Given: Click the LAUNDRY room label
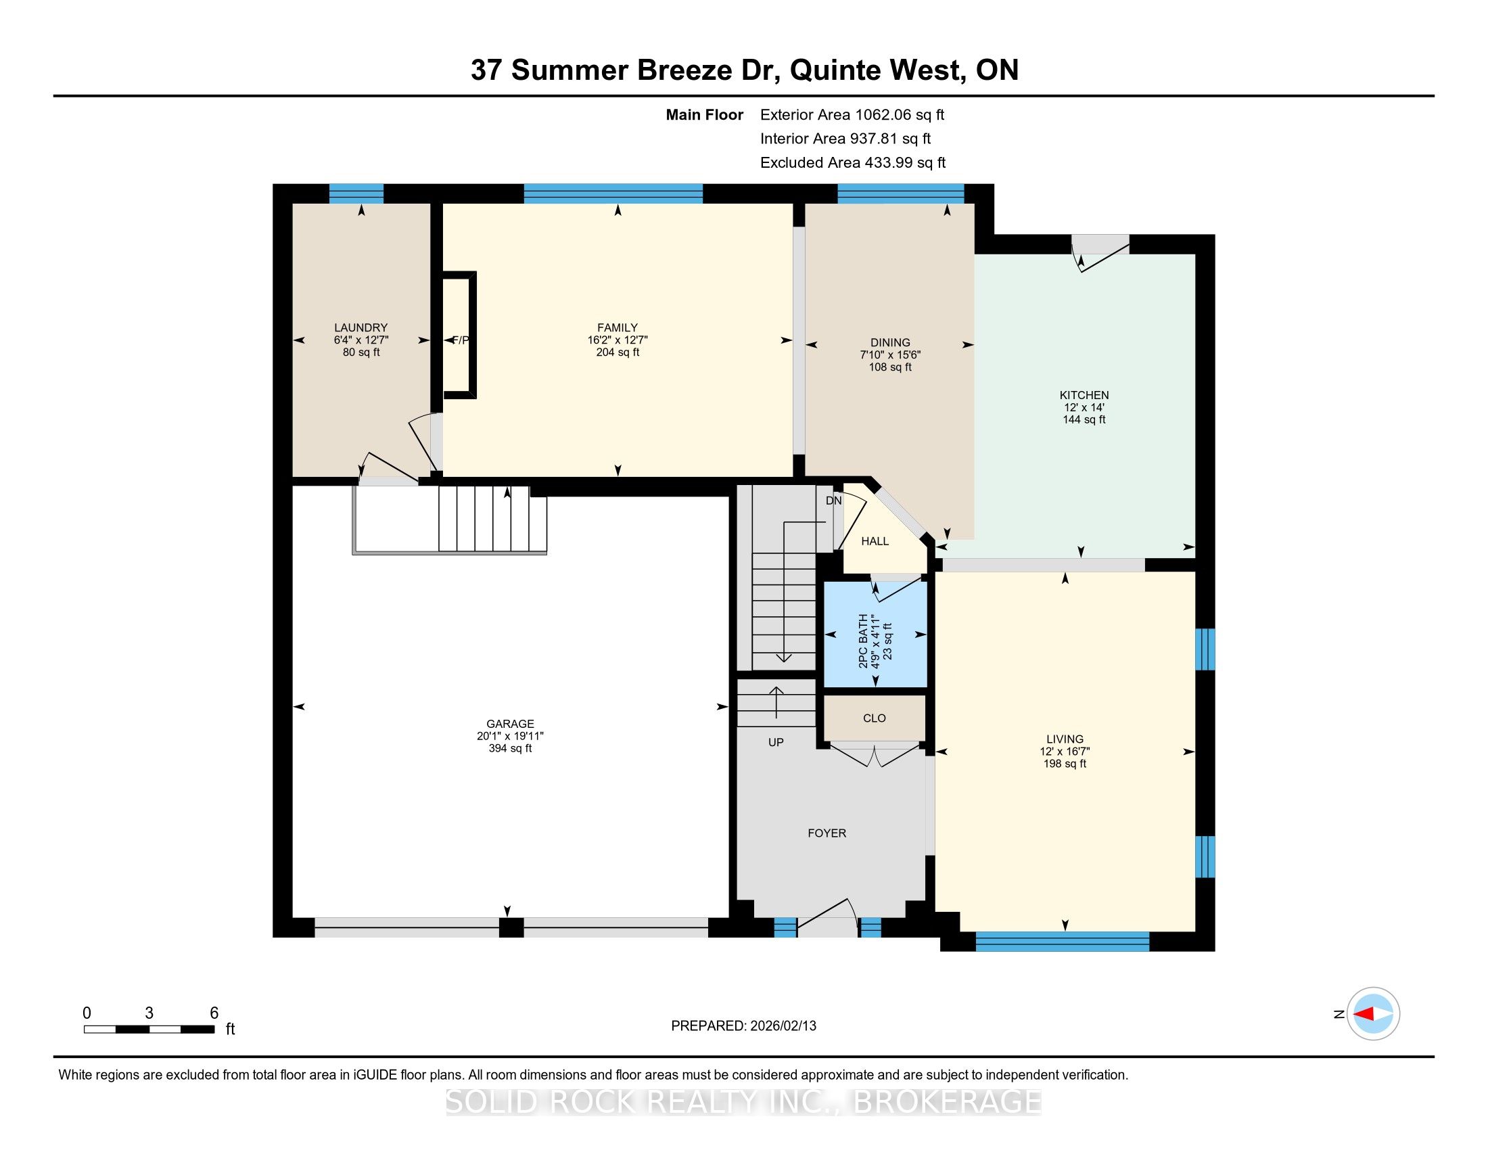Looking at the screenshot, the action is pyautogui.click(x=361, y=327).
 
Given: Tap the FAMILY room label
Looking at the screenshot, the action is pyautogui.click(x=618, y=327).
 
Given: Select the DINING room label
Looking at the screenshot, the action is pyautogui.click(x=890, y=343).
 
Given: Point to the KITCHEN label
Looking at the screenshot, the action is pyautogui.click(x=1084, y=395).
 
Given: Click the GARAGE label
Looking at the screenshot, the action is pyautogui.click(x=510, y=724).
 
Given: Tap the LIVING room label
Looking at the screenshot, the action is pyautogui.click(x=1065, y=739).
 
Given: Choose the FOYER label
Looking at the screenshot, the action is pyautogui.click(x=827, y=833).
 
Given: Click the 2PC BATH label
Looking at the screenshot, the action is pyautogui.click(x=863, y=641).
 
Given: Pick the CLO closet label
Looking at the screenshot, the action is pyautogui.click(x=874, y=718).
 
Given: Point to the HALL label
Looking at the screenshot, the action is pyautogui.click(x=875, y=541).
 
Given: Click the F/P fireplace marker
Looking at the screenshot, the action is pyautogui.click(x=461, y=340).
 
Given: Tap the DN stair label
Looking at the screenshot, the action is pyautogui.click(x=834, y=501).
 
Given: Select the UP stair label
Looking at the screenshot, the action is pyautogui.click(x=776, y=743).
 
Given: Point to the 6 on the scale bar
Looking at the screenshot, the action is pyautogui.click(x=214, y=1013).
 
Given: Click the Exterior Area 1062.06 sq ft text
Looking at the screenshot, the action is pyautogui.click(x=852, y=114).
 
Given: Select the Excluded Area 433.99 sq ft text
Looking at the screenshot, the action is pyautogui.click(x=853, y=162).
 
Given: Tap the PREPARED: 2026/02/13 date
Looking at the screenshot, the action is pyautogui.click(x=743, y=1026).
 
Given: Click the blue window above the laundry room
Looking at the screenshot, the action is pyautogui.click(x=356, y=193).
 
